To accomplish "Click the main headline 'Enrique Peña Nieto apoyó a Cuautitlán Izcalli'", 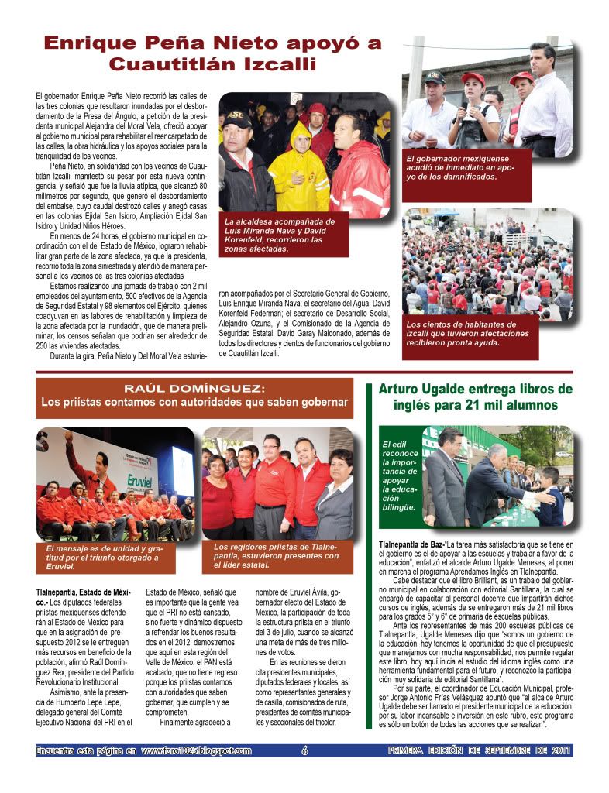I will tap(212, 53).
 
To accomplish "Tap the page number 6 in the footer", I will tap(304, 750).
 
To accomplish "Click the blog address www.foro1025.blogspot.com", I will tap(197, 750).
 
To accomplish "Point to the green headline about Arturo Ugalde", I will tap(476, 396).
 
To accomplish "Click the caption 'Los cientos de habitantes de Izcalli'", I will tap(467, 333).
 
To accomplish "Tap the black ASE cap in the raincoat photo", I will tap(236, 118).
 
